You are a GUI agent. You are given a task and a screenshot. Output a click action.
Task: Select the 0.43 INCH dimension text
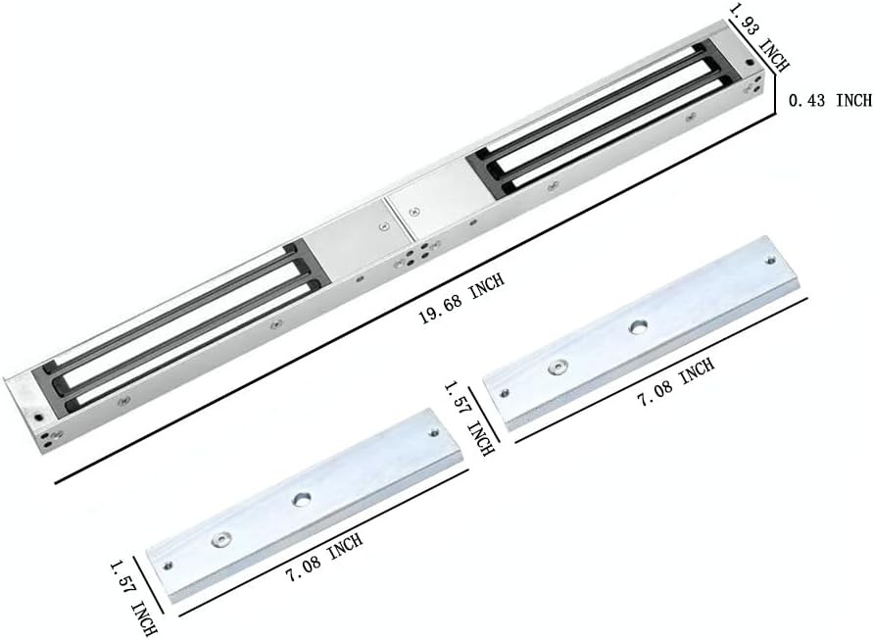pos(829,100)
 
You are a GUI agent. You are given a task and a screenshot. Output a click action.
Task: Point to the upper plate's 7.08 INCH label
pos(675,384)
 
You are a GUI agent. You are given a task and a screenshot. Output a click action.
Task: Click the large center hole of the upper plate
pos(639,325)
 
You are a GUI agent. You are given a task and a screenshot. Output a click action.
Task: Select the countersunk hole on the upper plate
pos(558,367)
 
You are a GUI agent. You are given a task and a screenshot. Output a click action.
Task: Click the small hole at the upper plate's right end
pos(770,262)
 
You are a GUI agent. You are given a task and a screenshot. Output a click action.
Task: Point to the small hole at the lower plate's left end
pos(170,565)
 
